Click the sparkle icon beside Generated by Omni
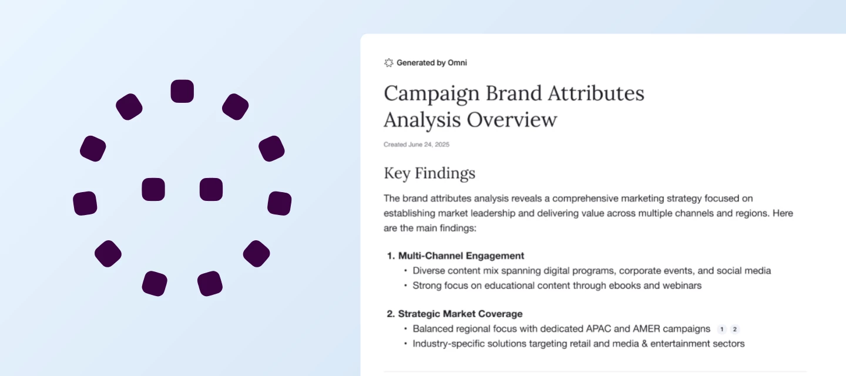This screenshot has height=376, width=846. click(x=388, y=63)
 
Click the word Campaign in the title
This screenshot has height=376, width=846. click(x=428, y=94)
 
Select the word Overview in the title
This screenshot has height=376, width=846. click(x=512, y=120)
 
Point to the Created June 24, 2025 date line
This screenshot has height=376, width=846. click(x=417, y=145)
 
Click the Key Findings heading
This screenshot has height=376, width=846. click(x=429, y=173)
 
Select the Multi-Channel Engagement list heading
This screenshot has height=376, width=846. click(x=461, y=256)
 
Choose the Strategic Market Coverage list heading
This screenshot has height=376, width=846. click(x=460, y=314)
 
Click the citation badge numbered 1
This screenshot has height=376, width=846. click(x=722, y=329)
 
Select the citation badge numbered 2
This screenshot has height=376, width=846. click(x=735, y=329)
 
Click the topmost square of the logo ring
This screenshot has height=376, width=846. click(x=182, y=91)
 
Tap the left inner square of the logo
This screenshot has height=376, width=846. click(x=153, y=189)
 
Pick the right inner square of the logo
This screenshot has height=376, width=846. click(x=211, y=189)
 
